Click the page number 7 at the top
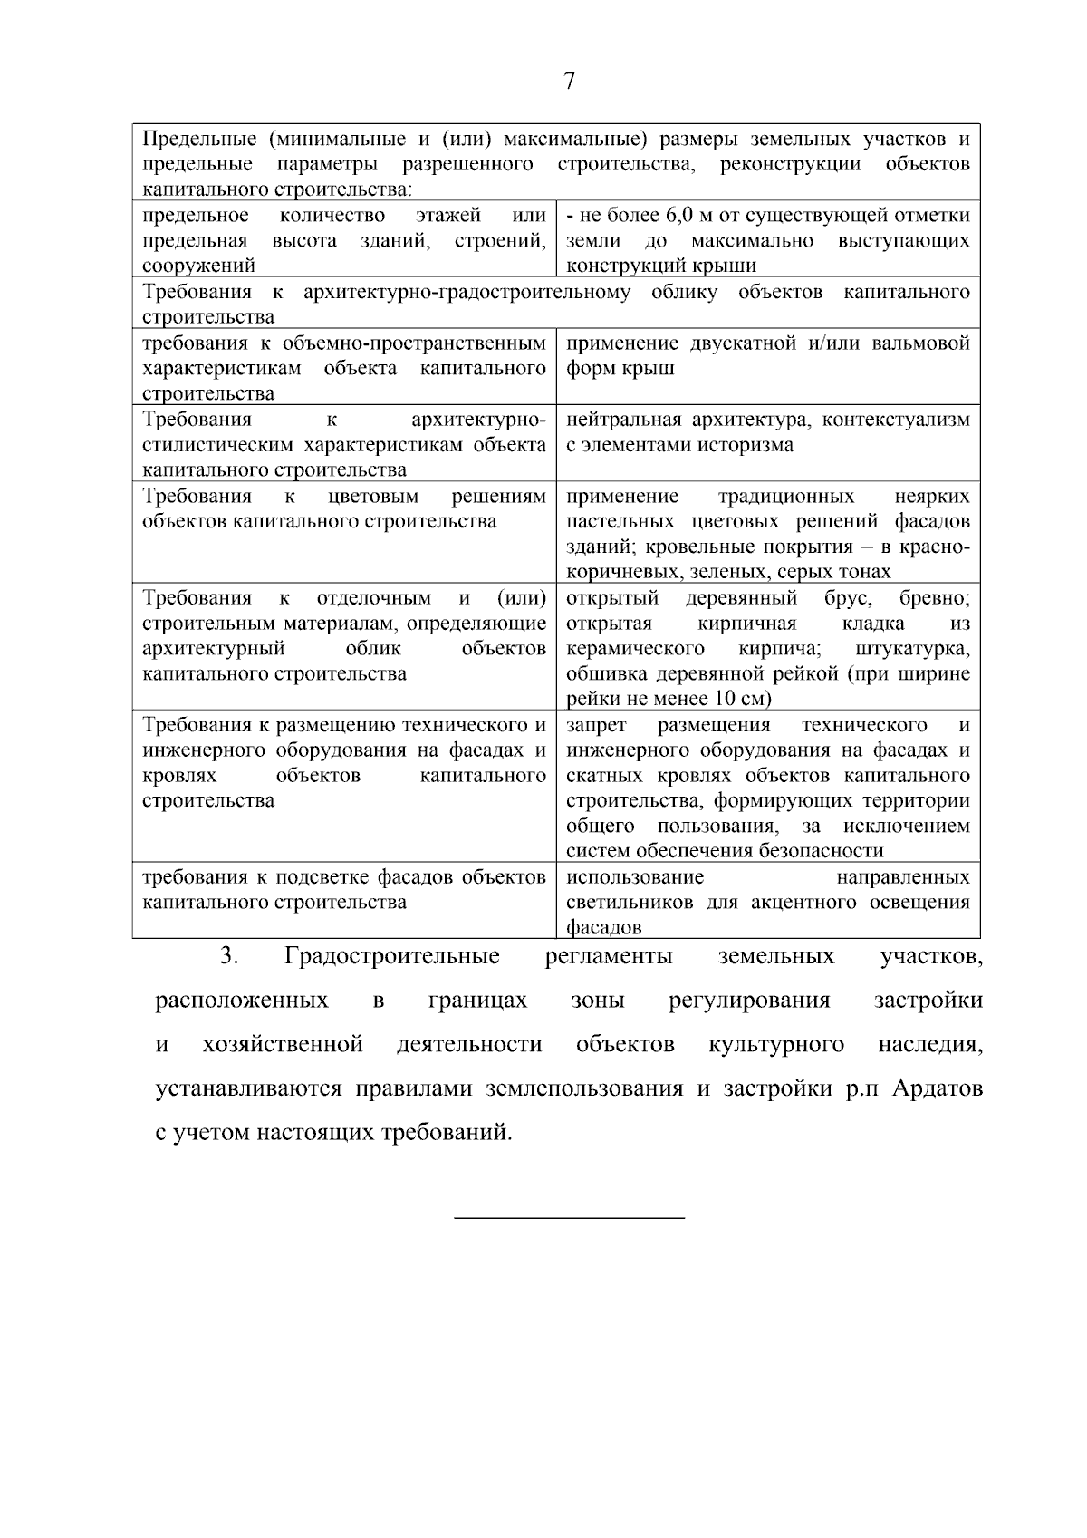569,82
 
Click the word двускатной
731,343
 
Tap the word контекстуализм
896,420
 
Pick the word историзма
749,445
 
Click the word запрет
595,725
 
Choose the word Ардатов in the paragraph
938,1088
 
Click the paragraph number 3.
227,956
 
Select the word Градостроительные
392,956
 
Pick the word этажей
447,216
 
